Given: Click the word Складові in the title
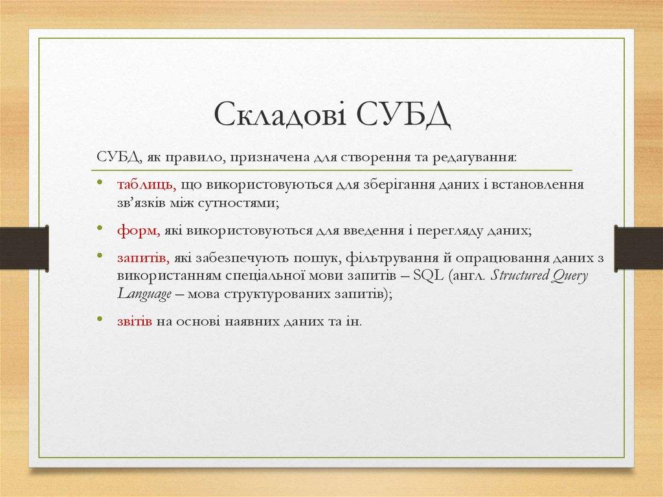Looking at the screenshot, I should [277, 116].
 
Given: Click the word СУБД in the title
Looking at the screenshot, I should [401, 116].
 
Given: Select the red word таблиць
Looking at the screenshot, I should [147, 185].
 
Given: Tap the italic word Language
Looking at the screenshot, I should [144, 293].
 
